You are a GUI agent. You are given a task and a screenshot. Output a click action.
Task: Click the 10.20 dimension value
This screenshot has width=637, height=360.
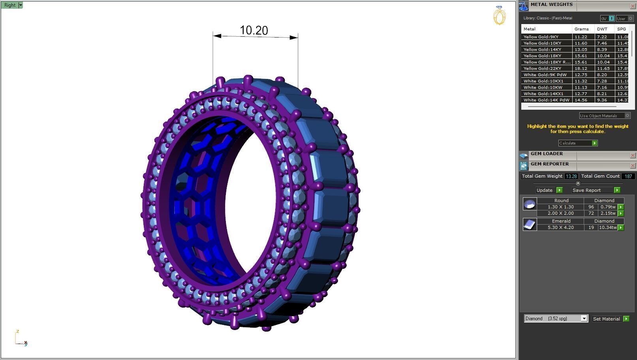click(x=254, y=30)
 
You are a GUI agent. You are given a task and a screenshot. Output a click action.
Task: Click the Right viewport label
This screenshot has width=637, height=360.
click(x=9, y=5)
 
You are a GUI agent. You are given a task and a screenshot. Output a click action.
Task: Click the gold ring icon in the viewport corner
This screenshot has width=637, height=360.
click(x=499, y=16)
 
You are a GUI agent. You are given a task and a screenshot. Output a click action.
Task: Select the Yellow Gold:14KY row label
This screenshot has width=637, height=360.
click(x=542, y=50)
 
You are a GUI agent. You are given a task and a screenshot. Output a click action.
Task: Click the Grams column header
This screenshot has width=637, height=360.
click(x=581, y=29)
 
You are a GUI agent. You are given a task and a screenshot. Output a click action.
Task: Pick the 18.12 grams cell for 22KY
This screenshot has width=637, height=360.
click(x=581, y=69)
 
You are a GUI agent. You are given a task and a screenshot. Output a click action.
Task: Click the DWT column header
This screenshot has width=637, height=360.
click(x=602, y=29)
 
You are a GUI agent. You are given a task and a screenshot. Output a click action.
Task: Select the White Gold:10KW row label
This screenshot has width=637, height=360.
click(x=543, y=88)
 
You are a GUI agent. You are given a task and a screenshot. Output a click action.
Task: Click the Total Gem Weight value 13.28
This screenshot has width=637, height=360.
click(x=571, y=176)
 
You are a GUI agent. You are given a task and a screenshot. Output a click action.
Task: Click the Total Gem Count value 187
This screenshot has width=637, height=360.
click(x=628, y=176)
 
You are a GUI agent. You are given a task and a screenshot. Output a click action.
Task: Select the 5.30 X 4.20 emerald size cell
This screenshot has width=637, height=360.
click(x=560, y=228)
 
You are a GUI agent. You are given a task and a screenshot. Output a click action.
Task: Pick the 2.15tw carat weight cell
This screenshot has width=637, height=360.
click(x=608, y=214)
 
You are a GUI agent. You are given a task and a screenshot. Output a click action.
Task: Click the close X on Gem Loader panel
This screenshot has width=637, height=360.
click(x=633, y=156)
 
